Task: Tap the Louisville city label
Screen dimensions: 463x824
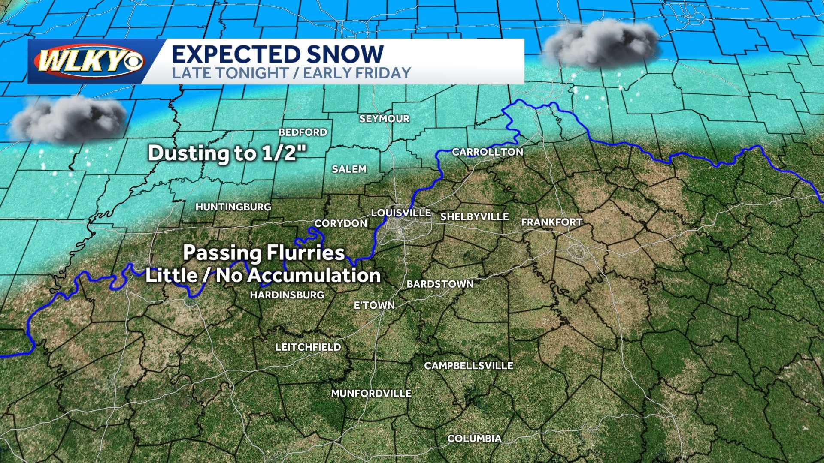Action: point(401,213)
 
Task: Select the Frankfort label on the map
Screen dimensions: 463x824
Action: point(551,222)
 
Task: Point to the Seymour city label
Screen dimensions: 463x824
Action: point(384,119)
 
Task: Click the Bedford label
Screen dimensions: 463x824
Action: point(303,132)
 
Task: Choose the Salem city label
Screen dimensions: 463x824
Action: point(349,169)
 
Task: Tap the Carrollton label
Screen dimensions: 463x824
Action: point(488,152)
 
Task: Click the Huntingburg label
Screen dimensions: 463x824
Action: point(233,207)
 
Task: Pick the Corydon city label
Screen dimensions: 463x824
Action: point(341,223)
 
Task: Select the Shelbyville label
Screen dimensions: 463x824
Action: point(474,217)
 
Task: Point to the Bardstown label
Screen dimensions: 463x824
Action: point(440,284)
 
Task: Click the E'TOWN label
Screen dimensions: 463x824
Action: point(374,305)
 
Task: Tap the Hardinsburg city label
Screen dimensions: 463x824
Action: point(287,295)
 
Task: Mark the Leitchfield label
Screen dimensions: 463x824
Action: point(308,347)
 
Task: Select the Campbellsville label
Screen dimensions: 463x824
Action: point(469,366)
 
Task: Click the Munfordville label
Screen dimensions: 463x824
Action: point(371,394)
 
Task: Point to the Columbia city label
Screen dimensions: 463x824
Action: point(474,439)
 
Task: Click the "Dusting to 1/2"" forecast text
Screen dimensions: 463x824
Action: point(227,153)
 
